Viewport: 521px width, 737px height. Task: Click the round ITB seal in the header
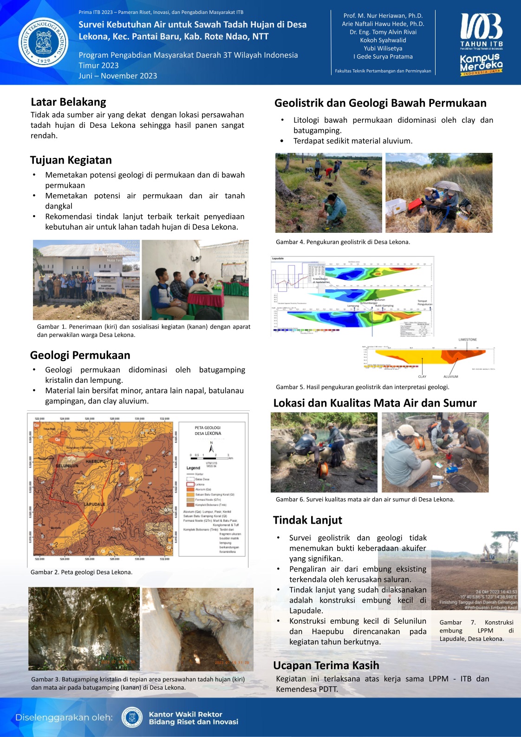(43, 42)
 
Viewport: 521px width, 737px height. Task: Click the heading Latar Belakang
(68, 102)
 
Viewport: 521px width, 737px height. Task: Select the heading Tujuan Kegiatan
(71, 160)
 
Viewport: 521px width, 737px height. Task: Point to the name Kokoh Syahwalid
(383, 40)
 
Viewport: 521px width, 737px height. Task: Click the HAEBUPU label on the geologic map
(95, 461)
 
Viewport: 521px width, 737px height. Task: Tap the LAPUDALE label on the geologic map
(94, 504)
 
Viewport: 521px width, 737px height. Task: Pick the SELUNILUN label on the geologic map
(67, 466)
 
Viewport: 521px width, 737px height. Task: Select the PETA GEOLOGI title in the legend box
(208, 428)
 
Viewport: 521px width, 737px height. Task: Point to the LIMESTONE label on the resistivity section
(467, 340)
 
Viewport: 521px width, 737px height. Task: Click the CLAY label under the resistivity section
(422, 376)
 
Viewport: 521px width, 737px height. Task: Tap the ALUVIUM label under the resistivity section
(450, 376)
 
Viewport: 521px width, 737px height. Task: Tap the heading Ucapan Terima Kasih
(326, 665)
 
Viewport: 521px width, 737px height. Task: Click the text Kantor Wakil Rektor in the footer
(185, 714)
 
